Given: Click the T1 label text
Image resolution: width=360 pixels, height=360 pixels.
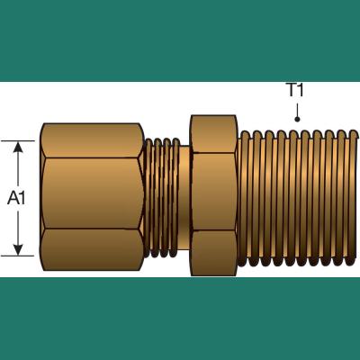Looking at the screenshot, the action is coord(295,90).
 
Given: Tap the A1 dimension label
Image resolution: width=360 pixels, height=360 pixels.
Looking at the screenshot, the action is coord(17,198).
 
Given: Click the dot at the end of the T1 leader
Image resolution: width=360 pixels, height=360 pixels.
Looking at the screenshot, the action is coord(297,120).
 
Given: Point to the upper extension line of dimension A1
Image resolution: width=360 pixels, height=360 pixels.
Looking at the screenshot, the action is coord(17,140).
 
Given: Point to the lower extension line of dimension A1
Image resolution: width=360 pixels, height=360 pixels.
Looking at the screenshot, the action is coord(17,256).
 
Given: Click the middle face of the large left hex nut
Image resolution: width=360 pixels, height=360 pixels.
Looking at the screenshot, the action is coord(92,193).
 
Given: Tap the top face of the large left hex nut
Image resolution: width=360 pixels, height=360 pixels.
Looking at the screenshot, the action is coord(92,140).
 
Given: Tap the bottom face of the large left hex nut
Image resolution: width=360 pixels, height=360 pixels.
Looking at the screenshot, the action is coord(92,249).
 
